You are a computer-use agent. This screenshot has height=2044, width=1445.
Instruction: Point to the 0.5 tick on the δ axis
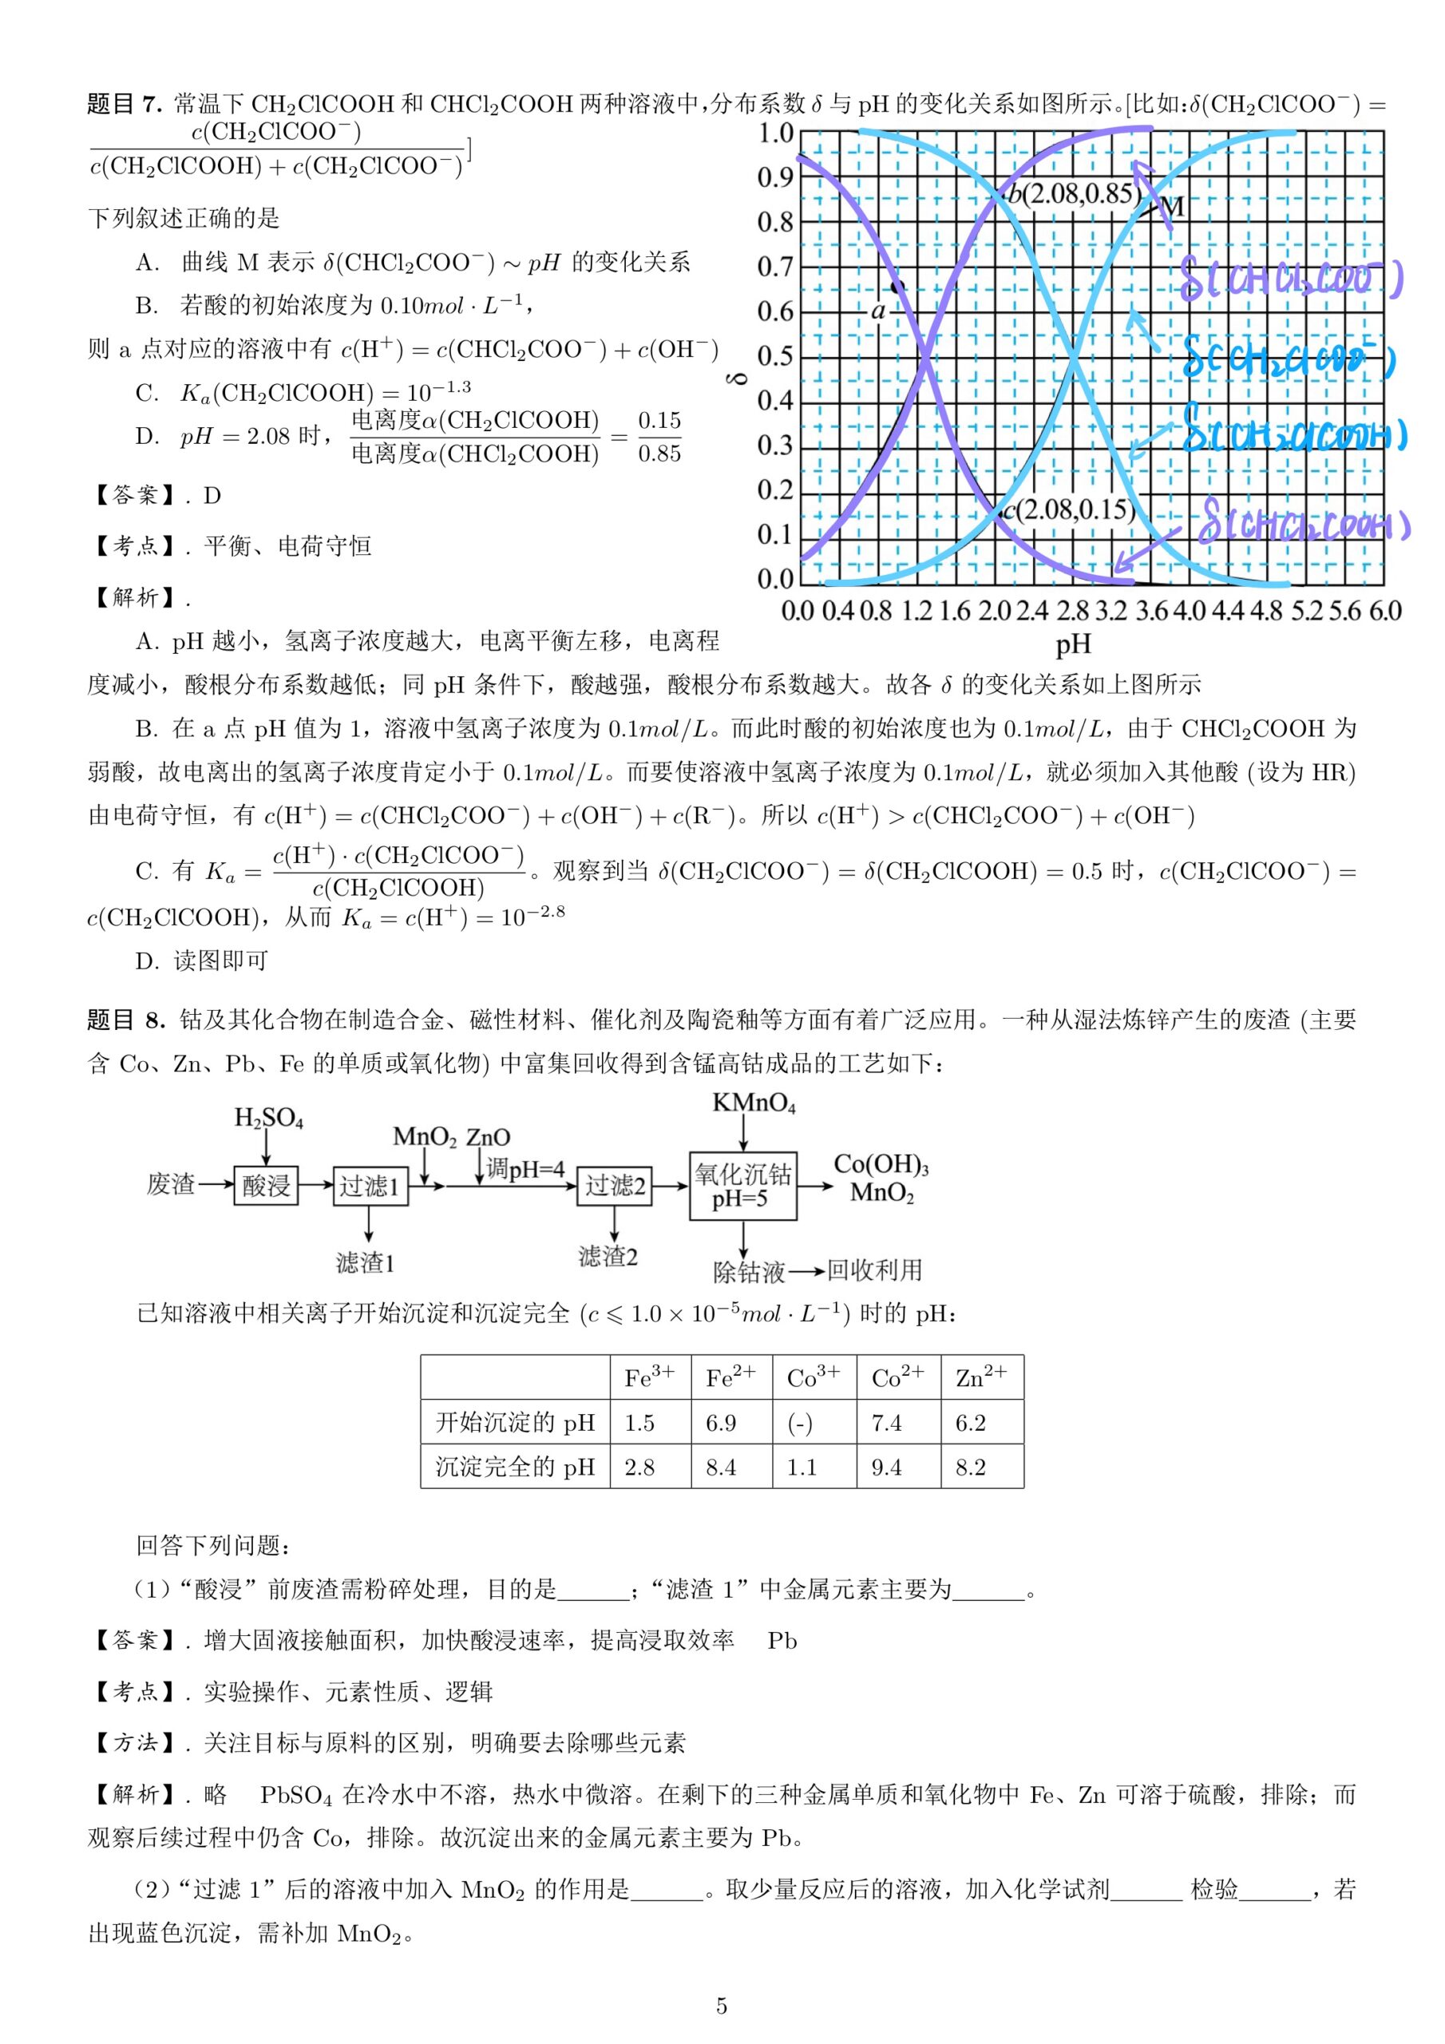774,356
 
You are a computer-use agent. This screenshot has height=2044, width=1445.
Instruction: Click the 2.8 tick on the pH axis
1072,611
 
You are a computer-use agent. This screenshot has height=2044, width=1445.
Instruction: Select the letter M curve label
1174,208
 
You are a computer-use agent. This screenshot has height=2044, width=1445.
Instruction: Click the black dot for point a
897,287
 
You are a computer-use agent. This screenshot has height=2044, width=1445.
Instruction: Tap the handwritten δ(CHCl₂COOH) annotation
1304,525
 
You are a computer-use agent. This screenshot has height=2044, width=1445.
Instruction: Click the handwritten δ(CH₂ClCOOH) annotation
1296,435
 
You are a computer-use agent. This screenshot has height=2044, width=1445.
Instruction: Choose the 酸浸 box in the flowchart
265,1185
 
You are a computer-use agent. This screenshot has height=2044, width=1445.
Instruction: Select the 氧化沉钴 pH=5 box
742,1185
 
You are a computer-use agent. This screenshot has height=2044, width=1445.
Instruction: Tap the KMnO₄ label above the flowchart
753,1104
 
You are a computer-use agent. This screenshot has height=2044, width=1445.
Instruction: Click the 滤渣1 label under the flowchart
365,1263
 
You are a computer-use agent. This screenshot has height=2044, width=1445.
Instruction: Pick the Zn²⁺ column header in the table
981,1377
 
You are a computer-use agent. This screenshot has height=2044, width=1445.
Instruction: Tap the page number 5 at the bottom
721,2006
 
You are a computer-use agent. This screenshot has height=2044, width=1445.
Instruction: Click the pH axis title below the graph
1073,644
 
